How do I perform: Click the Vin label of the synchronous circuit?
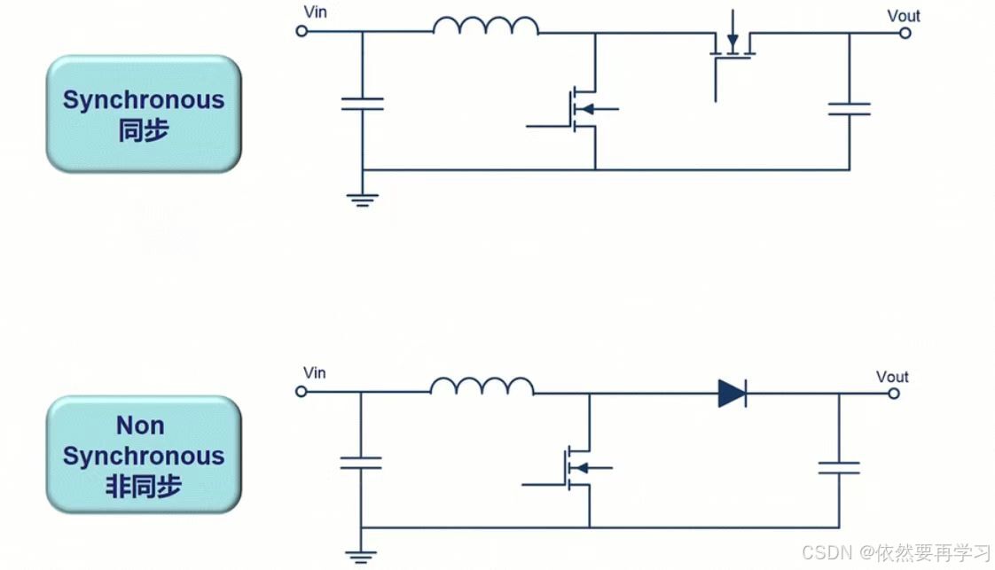coord(315,12)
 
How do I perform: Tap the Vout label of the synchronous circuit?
coord(904,15)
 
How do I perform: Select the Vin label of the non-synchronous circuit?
coord(314,372)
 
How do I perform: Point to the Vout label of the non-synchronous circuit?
coord(892,377)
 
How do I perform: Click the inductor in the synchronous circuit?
coord(485,27)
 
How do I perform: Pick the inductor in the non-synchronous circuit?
coord(482,386)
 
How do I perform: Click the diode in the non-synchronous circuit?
coord(732,393)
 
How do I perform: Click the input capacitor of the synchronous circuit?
coord(362,104)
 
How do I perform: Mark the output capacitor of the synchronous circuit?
coord(849,108)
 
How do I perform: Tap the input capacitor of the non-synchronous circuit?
coord(360,462)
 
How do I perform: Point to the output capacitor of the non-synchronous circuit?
coord(838,466)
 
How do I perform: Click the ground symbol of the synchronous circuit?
coord(362,199)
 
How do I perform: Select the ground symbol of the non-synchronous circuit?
coord(360,557)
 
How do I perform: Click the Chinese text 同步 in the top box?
coord(143,130)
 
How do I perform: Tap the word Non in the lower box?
coord(140,426)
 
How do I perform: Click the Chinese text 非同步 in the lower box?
coord(143,487)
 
